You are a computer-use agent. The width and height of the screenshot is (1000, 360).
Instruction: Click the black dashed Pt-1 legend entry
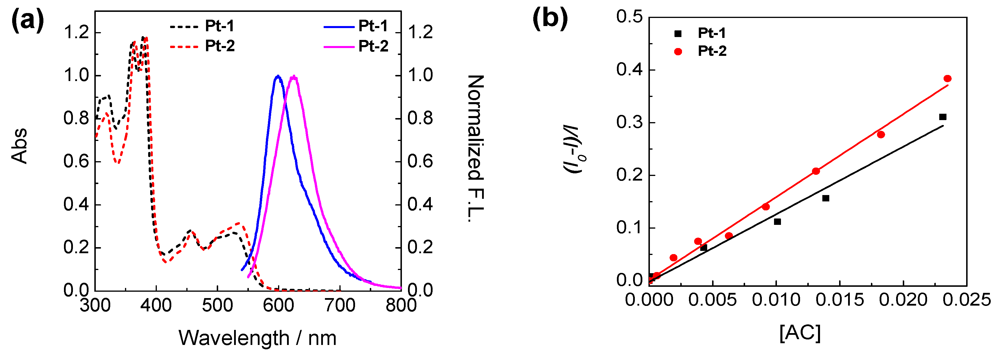pos(202,26)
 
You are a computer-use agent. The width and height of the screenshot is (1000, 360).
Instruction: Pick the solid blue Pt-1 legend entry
pos(355,26)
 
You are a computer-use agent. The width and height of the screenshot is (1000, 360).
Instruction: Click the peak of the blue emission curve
pos(277,76)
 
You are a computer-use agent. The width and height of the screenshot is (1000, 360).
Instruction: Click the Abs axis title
pos(19,146)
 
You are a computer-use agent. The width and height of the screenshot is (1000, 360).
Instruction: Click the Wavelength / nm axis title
pos(257,338)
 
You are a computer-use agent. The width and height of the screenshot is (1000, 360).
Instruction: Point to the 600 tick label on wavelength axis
pos(278,306)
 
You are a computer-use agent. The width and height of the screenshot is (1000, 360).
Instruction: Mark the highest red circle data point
pos(947,79)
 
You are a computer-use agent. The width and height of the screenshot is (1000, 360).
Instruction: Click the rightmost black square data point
pos(942,117)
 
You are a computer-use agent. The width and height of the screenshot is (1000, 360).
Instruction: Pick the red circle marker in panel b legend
pos(678,52)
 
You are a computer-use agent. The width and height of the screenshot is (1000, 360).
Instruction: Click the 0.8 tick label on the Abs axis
pos(76,118)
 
